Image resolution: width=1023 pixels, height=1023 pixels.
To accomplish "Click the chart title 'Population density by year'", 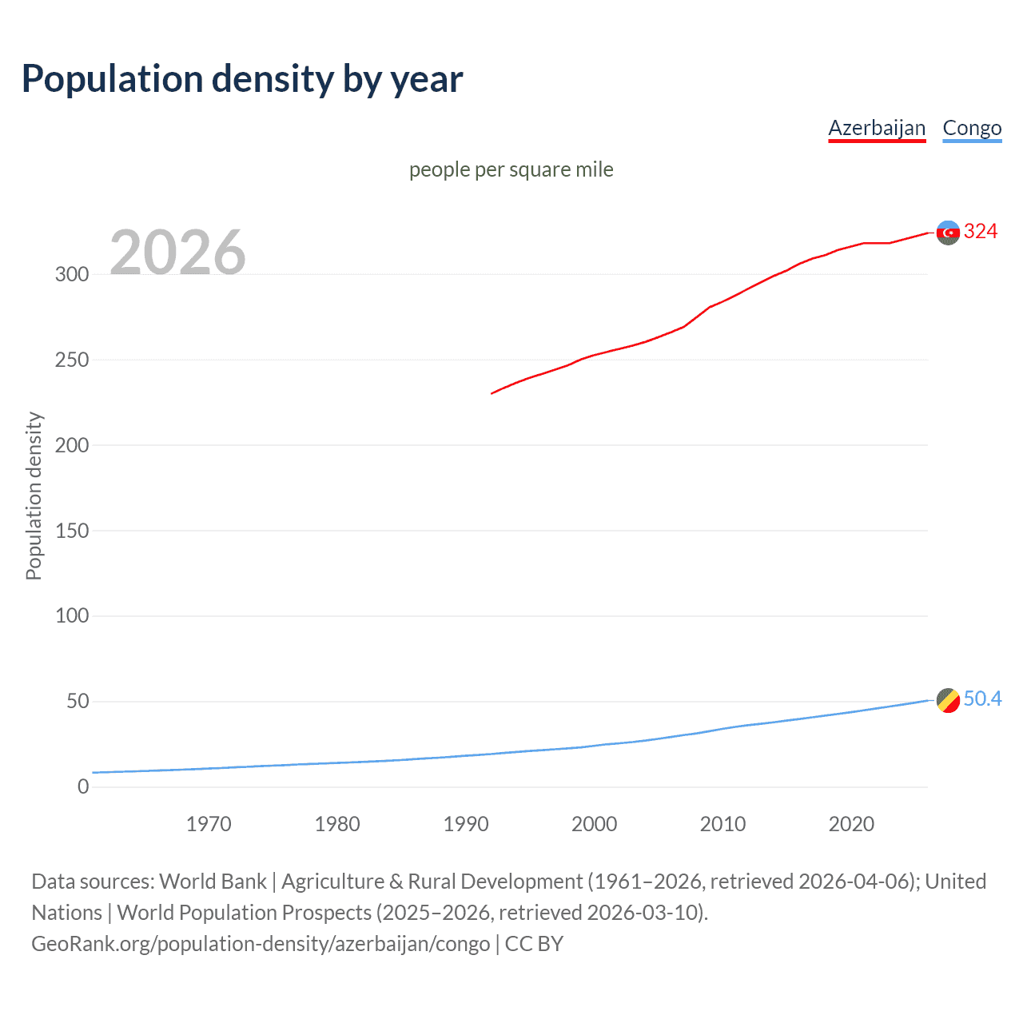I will [242, 79].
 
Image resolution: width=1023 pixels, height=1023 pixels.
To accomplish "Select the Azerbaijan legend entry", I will [877, 128].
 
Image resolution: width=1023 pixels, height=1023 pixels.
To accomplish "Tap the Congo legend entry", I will [972, 128].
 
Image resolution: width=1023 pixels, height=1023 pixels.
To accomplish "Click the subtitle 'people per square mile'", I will [511, 169].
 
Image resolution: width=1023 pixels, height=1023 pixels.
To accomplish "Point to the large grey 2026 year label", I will [177, 253].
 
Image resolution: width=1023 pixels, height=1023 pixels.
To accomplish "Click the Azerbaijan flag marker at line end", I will [948, 233].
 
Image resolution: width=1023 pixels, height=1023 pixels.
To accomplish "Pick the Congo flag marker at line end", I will [948, 700].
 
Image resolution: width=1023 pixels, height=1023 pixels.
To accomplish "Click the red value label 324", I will [981, 232].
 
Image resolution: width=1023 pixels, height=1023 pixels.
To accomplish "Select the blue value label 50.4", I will [982, 699].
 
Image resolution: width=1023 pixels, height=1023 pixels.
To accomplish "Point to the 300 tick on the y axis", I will [72, 275].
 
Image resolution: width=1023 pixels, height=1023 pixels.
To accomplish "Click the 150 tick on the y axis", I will [72, 531].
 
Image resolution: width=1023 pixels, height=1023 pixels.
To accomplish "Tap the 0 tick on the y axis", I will [83, 787].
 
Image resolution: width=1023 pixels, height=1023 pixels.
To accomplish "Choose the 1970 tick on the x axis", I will [209, 824].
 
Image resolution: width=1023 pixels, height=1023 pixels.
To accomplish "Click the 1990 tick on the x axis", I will [466, 824].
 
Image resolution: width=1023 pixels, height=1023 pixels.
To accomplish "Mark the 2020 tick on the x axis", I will [851, 824].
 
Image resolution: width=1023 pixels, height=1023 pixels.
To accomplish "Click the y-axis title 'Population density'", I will [34, 496].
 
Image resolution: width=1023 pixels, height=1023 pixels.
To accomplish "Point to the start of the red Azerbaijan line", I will [492, 393].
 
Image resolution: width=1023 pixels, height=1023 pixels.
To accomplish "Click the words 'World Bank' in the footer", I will [213, 882].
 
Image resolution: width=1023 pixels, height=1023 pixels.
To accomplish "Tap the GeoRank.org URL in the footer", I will [261, 944].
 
